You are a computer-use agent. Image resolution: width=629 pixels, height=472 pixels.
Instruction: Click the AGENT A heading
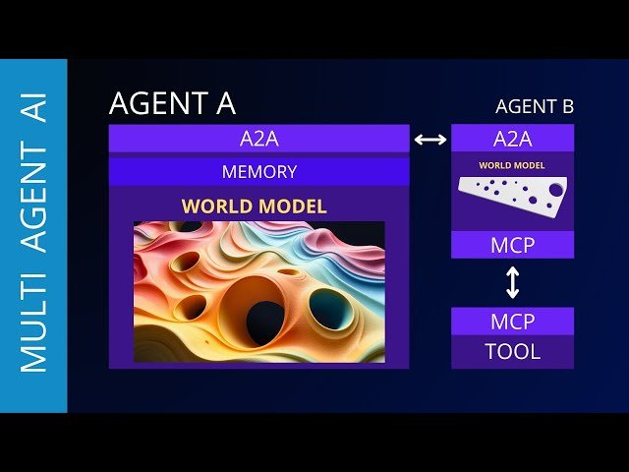click(172, 103)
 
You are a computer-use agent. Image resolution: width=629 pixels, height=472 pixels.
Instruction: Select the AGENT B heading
click(535, 106)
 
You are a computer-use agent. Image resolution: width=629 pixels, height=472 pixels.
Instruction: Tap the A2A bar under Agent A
click(258, 139)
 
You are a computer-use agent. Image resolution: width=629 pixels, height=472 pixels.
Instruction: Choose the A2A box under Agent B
click(511, 139)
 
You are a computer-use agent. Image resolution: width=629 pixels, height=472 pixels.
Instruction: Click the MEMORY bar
click(258, 172)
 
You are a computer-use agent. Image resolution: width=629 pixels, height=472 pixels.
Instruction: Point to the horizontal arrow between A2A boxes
click(430, 140)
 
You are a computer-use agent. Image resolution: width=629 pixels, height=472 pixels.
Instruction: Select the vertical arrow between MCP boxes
click(512, 283)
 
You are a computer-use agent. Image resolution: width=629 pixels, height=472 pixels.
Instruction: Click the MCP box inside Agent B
click(511, 244)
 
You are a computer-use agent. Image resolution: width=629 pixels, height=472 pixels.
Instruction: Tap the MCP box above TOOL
click(512, 322)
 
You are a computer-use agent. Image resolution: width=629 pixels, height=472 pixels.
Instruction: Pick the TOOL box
click(512, 351)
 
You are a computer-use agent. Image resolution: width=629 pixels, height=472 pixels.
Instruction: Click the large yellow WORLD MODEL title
click(254, 206)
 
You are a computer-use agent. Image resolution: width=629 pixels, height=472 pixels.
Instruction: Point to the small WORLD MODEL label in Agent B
click(512, 165)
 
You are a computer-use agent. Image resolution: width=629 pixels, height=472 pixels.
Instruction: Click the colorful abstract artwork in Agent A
click(258, 291)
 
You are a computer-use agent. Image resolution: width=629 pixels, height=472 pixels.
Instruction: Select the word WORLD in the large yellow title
click(214, 206)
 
